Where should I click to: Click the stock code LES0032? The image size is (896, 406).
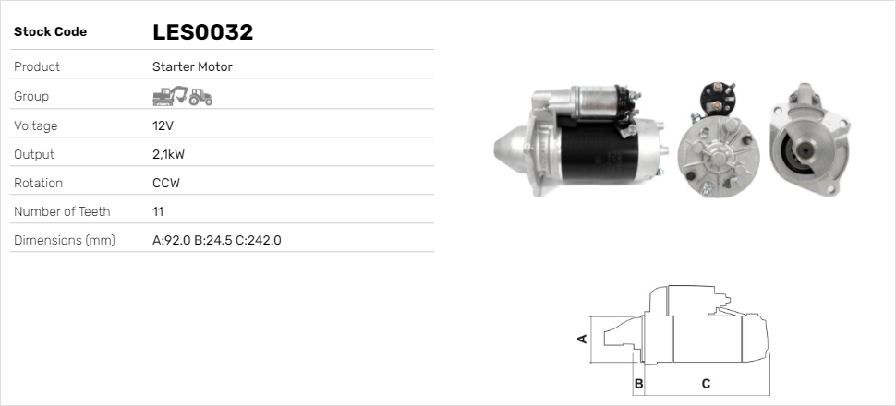(x=202, y=32)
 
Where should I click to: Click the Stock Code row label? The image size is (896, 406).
(x=50, y=32)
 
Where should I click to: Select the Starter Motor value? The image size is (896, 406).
(x=192, y=66)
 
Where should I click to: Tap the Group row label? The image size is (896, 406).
(x=31, y=96)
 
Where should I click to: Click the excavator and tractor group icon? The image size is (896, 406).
(x=182, y=96)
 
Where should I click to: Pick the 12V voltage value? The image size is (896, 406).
(x=163, y=125)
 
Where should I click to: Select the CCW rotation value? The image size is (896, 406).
(x=166, y=183)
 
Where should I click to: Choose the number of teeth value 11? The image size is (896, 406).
(x=158, y=211)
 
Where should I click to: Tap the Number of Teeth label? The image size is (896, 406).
(x=62, y=211)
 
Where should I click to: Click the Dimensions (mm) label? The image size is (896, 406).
(x=64, y=240)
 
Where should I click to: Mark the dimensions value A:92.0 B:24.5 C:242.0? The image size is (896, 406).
(x=216, y=240)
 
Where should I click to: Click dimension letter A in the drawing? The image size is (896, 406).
(x=582, y=339)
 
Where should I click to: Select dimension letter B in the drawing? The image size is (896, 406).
(x=637, y=383)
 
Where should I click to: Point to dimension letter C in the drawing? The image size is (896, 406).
(x=706, y=383)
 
